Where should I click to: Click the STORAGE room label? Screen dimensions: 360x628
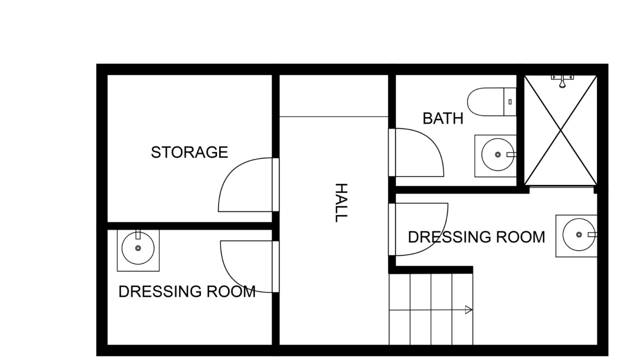[x=189, y=152]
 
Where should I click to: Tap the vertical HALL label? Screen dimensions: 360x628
[x=340, y=202]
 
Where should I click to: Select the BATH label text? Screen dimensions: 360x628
[x=443, y=118]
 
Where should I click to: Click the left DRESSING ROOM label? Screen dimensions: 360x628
[x=187, y=291]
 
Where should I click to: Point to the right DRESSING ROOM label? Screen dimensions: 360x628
[x=476, y=237]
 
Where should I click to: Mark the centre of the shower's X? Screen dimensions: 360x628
[x=560, y=130]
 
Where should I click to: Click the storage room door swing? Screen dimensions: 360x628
[x=245, y=186]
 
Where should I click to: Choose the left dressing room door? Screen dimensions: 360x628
[x=248, y=267]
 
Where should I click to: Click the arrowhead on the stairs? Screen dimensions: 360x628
[x=469, y=310]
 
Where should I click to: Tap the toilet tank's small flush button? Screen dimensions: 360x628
[x=510, y=101]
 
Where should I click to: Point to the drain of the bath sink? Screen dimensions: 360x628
[x=498, y=155]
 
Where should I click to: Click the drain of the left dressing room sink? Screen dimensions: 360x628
[x=138, y=248]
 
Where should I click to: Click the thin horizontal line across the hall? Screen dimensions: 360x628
[x=333, y=117]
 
